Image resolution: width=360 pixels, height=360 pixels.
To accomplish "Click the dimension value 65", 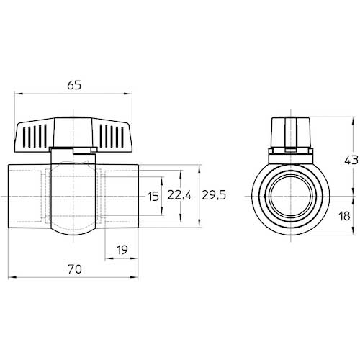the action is pos(74,85).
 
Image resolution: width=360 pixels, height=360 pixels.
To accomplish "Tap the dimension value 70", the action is pos(75,269).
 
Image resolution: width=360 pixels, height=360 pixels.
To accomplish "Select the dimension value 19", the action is pos(122,250).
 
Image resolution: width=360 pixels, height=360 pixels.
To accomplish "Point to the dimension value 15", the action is pos(153,197).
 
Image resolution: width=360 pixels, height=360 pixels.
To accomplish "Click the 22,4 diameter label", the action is pos(179,195).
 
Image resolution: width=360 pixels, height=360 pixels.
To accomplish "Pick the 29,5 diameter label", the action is pos(214,195).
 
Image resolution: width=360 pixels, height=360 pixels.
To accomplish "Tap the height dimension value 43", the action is pos(351,161).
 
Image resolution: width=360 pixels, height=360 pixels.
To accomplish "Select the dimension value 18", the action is pos(344,216).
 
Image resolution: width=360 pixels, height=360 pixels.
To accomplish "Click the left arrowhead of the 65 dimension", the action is pos(19,94).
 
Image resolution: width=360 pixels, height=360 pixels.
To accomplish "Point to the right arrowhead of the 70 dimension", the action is pos(134,277).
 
